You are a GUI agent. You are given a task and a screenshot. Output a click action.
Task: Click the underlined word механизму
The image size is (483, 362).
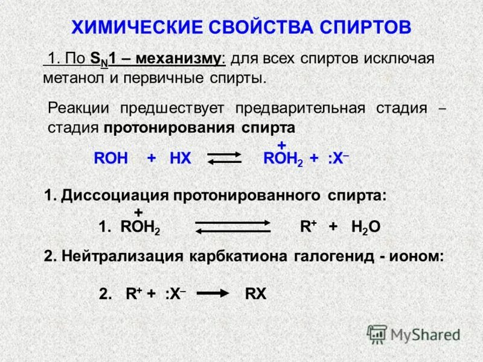point(179,59)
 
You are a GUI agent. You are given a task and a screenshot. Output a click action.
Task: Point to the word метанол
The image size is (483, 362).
point(72,78)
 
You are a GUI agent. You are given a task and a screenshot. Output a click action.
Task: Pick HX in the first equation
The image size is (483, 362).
point(181,159)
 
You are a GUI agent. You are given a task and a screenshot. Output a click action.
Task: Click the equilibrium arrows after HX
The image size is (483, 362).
point(225,158)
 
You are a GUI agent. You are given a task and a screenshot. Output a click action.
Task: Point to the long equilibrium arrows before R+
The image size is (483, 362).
point(232,226)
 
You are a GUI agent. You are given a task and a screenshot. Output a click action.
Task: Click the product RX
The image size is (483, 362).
point(256,294)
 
